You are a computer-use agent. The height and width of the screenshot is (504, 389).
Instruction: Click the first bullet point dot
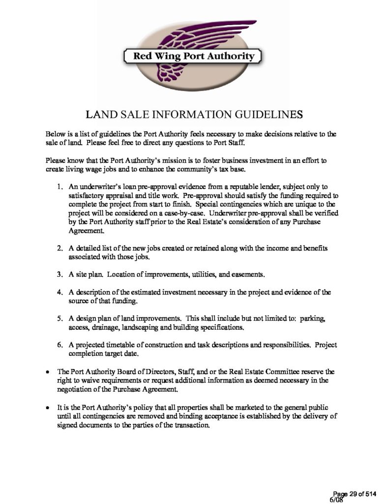[x=47, y=372]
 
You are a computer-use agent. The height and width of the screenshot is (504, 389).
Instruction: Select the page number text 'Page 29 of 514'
[x=356, y=493]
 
